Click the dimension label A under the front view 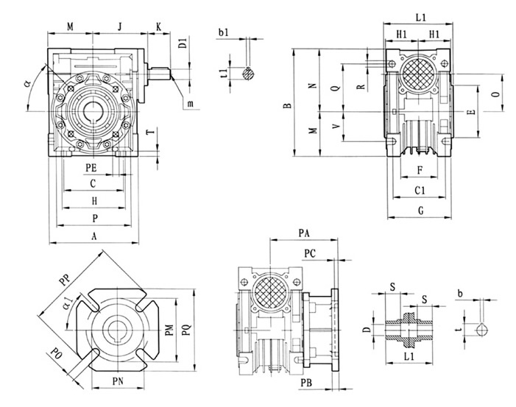(x=93, y=236)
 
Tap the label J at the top (x=119, y=27)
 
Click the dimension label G (x=420, y=211)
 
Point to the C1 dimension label (x=420, y=191)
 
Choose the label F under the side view (x=419, y=170)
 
